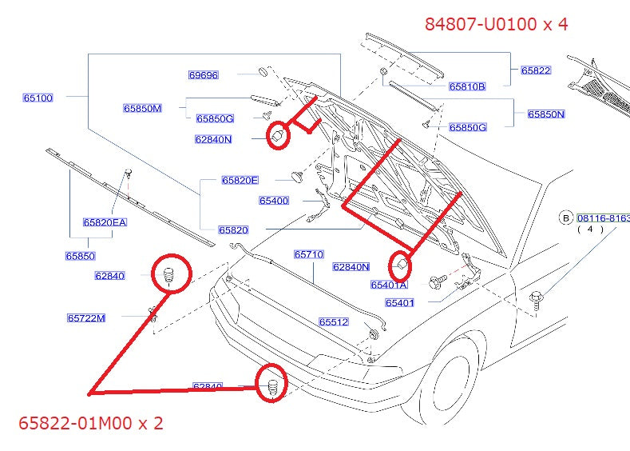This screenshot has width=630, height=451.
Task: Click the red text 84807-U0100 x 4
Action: (x=496, y=24)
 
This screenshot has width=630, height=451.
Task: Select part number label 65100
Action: (x=38, y=98)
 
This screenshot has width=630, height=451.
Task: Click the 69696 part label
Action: (x=203, y=75)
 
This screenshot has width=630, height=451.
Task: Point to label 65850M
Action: (x=142, y=107)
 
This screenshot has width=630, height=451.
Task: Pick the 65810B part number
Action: (x=467, y=86)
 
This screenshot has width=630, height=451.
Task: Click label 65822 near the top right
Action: (x=536, y=70)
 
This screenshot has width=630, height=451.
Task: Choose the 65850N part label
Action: (x=545, y=114)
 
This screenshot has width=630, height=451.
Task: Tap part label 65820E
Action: (x=240, y=180)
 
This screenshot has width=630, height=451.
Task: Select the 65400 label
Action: (x=274, y=200)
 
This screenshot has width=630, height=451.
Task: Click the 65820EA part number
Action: (x=105, y=222)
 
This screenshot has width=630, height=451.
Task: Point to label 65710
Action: (x=308, y=254)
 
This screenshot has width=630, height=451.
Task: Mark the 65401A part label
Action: (x=389, y=285)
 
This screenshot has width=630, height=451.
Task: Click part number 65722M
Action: (x=85, y=317)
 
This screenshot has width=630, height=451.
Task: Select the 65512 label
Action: (x=334, y=322)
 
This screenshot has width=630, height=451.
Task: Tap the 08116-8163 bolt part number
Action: (x=603, y=218)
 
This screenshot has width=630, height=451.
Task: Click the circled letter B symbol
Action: (x=565, y=218)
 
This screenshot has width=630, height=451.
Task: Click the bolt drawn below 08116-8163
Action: (x=536, y=301)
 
